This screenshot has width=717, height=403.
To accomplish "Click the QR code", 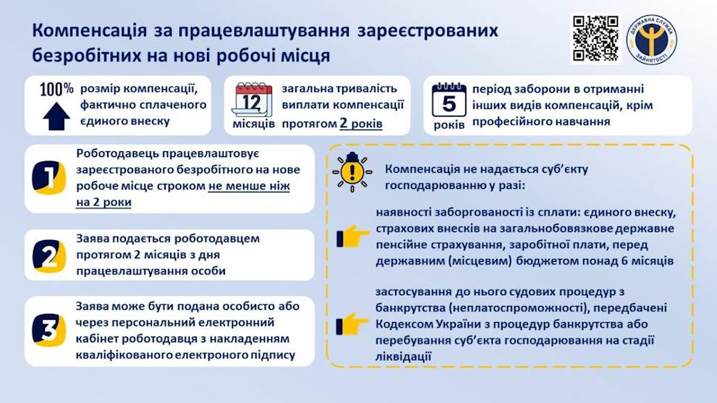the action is click(596, 39).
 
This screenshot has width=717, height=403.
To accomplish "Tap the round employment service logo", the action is click(652, 39).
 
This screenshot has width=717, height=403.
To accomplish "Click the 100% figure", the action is click(56, 89).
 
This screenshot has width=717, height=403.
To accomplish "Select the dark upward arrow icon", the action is click(56, 116).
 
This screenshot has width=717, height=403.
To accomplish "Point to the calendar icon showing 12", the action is click(252, 100).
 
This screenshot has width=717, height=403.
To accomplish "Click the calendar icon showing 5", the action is click(449, 100).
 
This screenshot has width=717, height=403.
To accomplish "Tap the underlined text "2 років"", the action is click(361, 124).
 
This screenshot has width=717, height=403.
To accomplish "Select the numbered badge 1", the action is click(48, 177).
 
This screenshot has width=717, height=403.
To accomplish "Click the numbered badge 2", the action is click(48, 255).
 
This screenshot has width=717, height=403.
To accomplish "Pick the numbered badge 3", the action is click(48, 330).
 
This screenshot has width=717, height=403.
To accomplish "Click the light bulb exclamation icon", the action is click(352, 171).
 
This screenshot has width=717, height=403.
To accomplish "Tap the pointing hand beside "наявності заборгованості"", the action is click(352, 237).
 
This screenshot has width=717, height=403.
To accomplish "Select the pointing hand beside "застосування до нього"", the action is click(352, 324).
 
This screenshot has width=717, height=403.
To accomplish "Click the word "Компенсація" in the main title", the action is click(90, 31).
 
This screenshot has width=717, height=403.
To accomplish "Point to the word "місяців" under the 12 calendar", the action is click(253, 124).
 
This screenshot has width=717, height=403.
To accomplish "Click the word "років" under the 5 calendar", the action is click(449, 124).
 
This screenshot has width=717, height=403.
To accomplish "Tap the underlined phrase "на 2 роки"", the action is click(103, 202).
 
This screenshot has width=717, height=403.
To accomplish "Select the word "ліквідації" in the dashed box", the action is click(403, 357).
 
